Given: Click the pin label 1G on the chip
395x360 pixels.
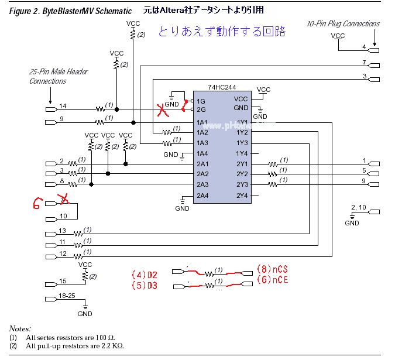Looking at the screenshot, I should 201,100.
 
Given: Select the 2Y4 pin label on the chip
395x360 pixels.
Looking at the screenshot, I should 242,196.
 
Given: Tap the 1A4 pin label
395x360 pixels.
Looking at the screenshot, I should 202,153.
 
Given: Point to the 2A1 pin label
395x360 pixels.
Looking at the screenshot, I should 202,164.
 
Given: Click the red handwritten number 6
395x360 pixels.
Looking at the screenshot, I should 37,203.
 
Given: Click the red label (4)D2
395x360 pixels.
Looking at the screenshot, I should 144,274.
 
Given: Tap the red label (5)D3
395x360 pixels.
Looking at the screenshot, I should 144,285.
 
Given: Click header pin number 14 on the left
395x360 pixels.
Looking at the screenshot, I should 63,105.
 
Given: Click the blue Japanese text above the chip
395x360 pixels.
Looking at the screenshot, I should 222,32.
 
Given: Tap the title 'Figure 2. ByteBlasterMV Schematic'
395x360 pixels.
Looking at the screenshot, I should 70,11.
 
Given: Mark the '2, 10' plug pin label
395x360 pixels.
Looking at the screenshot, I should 358,208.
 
